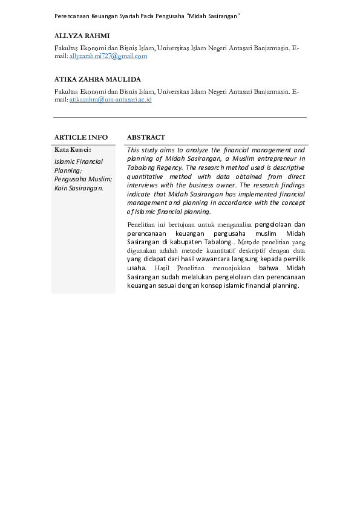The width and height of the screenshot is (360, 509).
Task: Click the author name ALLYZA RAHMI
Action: (x=82, y=36)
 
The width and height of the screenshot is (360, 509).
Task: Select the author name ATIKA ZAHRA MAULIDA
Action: (x=97, y=79)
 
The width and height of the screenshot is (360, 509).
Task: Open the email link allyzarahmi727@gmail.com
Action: (x=108, y=56)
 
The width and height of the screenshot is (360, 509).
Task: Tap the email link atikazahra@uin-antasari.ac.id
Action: (x=110, y=99)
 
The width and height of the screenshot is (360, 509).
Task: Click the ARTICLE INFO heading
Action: (x=81, y=137)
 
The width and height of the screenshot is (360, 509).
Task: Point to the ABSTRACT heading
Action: (x=146, y=137)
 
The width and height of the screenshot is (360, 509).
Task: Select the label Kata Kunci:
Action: (x=73, y=149)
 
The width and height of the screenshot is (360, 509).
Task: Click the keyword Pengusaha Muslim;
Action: (x=83, y=179)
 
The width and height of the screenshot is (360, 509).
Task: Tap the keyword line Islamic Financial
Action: (x=79, y=162)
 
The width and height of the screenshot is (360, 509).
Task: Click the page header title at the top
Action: (x=147, y=15)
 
